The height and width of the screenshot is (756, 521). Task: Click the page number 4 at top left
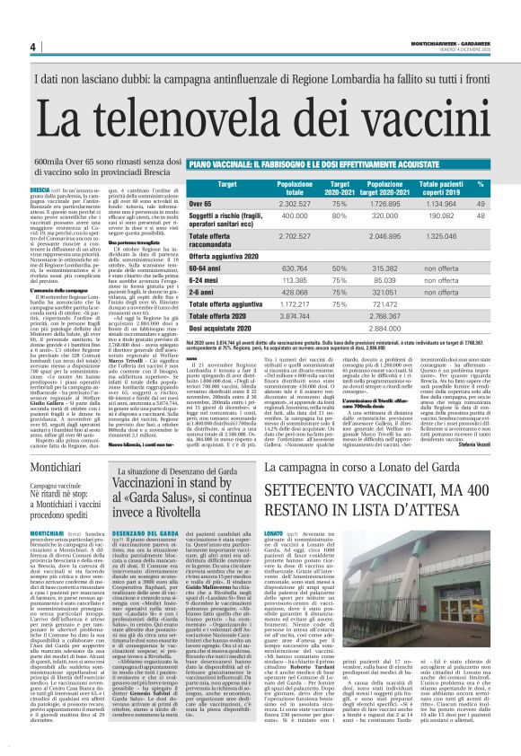(32, 48)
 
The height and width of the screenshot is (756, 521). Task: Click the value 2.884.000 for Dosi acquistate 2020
(422, 330)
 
